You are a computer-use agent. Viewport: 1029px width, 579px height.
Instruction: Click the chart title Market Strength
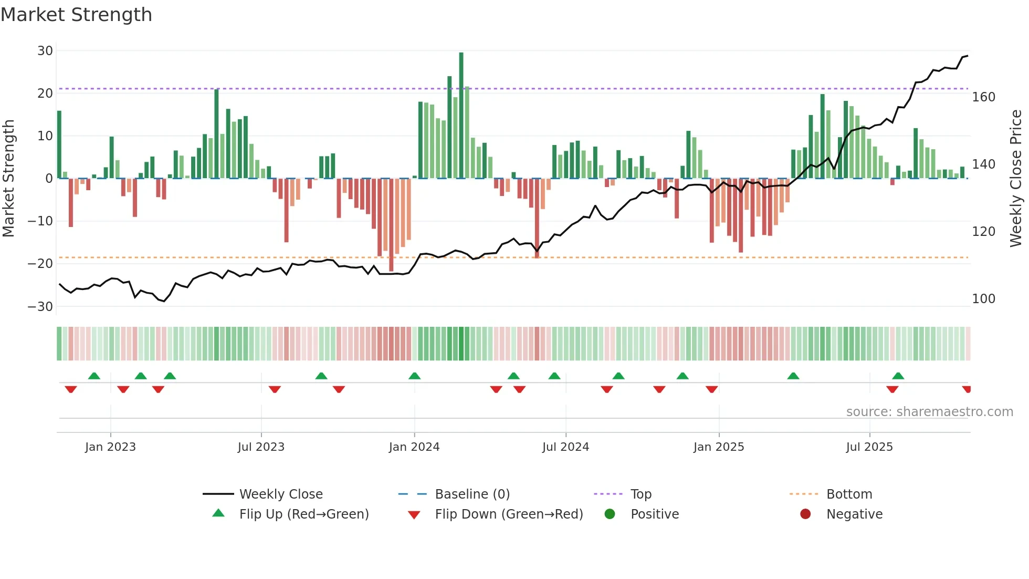click(76, 15)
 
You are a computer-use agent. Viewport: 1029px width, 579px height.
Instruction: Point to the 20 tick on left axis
click(45, 94)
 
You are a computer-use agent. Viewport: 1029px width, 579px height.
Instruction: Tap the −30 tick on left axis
click(40, 306)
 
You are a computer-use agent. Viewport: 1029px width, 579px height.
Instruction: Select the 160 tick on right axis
click(983, 97)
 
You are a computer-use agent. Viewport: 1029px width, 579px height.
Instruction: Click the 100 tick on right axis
click(983, 299)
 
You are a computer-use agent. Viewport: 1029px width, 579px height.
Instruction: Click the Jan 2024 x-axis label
click(414, 447)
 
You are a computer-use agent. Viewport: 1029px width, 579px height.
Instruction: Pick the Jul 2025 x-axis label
click(869, 447)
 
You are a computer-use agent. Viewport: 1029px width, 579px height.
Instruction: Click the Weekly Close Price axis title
click(1016, 179)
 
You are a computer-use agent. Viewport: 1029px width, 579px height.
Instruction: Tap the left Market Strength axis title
click(9, 179)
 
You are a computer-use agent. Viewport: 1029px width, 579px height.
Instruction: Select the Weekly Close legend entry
click(281, 494)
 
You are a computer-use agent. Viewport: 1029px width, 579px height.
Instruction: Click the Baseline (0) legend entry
click(472, 494)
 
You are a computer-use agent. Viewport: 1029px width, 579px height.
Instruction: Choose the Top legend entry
click(640, 494)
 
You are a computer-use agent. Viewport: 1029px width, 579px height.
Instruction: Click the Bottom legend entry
click(849, 494)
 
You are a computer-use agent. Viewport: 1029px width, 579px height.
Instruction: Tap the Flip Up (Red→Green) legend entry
click(303, 514)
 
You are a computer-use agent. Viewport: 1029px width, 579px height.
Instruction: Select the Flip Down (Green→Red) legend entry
click(509, 514)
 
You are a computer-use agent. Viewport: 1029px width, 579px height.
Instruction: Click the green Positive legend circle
click(610, 514)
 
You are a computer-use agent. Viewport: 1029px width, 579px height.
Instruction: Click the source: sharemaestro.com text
click(929, 412)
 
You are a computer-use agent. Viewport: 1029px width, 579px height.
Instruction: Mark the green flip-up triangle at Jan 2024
click(414, 376)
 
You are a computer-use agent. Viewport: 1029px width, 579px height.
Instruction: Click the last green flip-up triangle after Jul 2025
click(898, 376)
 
